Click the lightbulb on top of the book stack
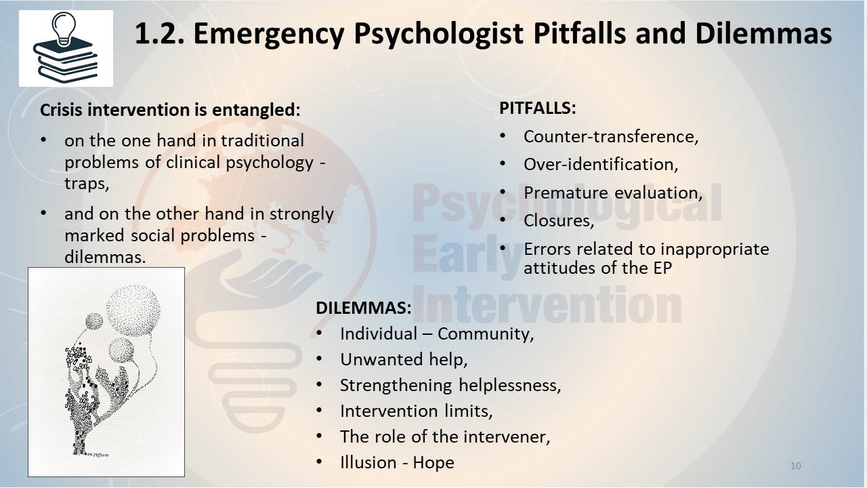(64, 28)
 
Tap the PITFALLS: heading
(538, 108)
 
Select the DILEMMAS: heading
(364, 308)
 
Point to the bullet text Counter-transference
(611, 137)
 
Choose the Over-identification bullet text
(601, 165)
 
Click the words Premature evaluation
(613, 193)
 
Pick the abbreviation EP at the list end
(662, 268)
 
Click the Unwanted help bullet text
(404, 359)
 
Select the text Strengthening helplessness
(450, 386)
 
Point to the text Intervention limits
(416, 411)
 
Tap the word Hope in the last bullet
(433, 463)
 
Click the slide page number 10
(796, 466)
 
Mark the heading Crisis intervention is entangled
(170, 110)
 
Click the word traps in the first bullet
(87, 184)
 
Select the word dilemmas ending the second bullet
(105, 257)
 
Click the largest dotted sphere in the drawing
(133, 310)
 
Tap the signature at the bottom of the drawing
(98, 454)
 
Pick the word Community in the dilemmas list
(486, 334)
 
